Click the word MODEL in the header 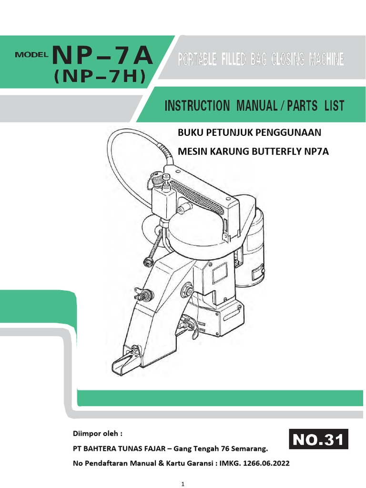click(32, 54)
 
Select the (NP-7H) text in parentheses click(99, 77)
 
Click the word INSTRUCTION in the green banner click(197, 106)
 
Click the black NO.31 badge click(319, 439)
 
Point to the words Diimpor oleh click(97, 434)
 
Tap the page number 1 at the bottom click(183, 484)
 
